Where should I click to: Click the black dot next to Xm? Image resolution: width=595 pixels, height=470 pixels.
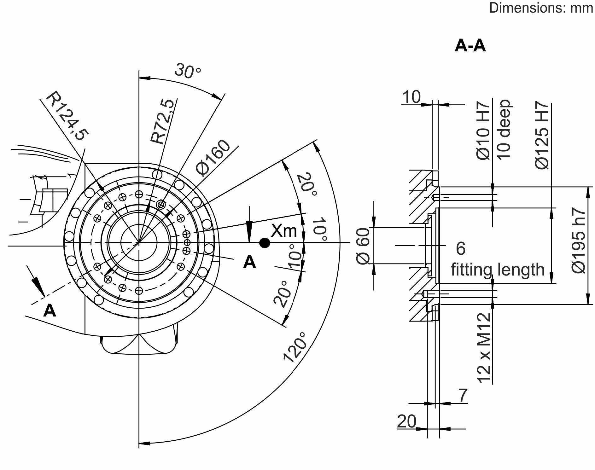tap(265, 243)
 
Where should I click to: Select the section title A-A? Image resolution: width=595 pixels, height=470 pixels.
tap(470, 46)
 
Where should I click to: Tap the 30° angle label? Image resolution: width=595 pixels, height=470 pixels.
tap(188, 71)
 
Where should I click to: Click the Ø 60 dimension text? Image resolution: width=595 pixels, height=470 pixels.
tap(363, 246)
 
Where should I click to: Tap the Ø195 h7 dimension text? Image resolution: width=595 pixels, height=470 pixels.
tap(578, 240)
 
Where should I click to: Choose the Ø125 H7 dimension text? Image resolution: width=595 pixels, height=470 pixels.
tap(542, 135)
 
